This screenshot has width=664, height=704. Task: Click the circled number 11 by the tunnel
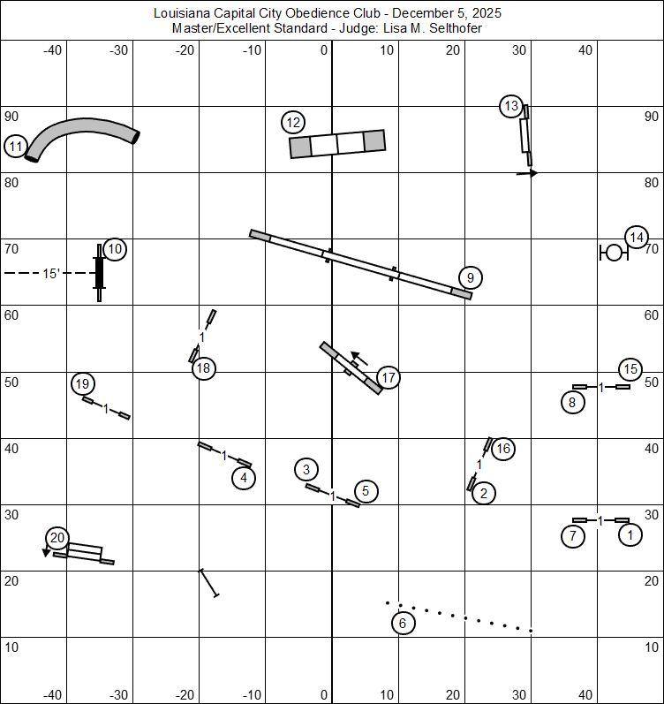[x=16, y=147]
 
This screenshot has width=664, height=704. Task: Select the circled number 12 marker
[x=294, y=123]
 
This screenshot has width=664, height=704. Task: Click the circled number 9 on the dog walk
[x=471, y=278]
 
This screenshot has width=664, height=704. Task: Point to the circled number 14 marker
[x=636, y=237]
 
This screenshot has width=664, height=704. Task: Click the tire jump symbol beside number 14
[x=613, y=254]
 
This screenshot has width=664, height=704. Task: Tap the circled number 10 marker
[x=115, y=250]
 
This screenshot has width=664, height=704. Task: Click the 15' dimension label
[x=51, y=274]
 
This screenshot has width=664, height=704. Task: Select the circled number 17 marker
[x=388, y=378]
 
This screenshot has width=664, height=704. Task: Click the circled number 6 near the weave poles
[x=403, y=623]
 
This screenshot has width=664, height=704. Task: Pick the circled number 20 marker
[x=57, y=537]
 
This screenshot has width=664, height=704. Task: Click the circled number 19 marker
[x=82, y=383]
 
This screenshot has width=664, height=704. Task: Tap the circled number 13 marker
[x=510, y=107]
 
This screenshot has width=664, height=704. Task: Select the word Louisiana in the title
[x=182, y=13]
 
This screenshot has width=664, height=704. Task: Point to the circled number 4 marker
[x=244, y=479]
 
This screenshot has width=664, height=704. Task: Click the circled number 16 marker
[x=503, y=449]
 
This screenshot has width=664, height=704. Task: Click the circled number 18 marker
[x=204, y=367]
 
